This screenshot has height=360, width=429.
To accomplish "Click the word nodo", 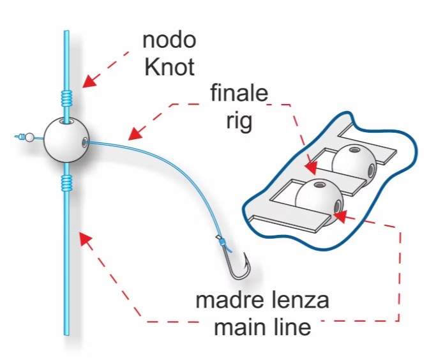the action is click(169, 40).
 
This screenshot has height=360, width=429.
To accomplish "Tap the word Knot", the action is click(169, 67).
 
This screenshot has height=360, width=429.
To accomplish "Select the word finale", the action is click(239, 93).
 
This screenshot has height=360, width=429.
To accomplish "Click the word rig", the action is click(239, 121).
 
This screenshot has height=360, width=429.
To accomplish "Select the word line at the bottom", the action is click(294, 327).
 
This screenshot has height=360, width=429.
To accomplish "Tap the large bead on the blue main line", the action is click(66, 140).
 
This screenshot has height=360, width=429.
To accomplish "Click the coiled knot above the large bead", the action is click(66, 98).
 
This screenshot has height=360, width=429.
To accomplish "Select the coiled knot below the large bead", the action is click(66, 183).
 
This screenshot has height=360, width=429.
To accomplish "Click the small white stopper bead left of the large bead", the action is click(29, 137).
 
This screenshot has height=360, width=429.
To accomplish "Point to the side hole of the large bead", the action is click(85, 142).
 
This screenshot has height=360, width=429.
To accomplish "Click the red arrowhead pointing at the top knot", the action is click(89, 81).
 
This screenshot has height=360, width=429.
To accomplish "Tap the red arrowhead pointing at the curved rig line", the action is click(136, 133).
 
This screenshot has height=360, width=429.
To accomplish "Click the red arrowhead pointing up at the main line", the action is click(86, 239).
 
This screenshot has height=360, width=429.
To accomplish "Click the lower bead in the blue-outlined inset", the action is click(319, 199).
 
